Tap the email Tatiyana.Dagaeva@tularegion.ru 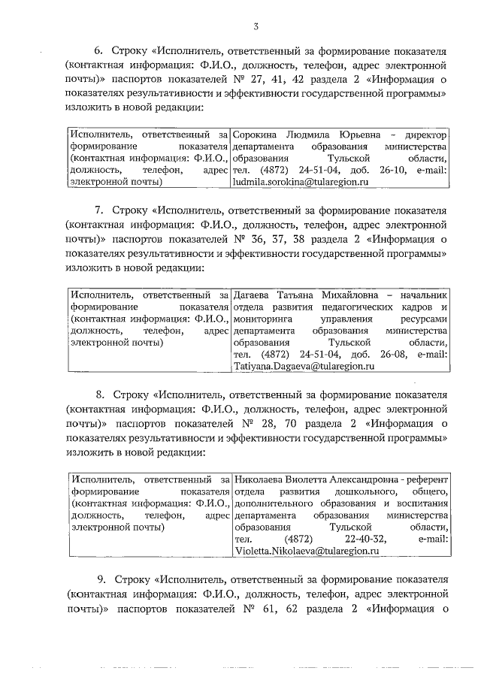click(x=304, y=367)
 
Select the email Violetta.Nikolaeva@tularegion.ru click(x=304, y=551)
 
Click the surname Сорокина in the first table click(x=256, y=134)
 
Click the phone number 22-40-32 click(x=365, y=539)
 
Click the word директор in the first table click(x=425, y=134)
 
